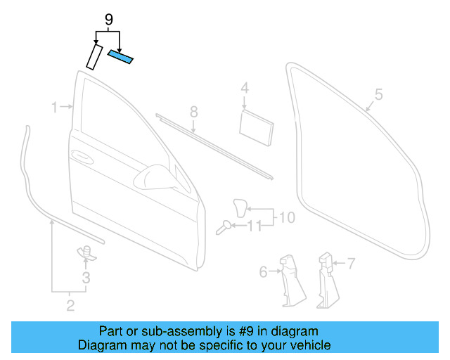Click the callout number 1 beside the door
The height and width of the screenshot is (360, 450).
[54, 107]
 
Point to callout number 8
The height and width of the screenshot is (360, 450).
[193, 112]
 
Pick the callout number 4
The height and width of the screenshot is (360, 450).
[245, 89]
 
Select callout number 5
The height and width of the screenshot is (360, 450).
[378, 94]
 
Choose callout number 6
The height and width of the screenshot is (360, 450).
[264, 271]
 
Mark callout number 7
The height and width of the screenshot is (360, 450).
[351, 264]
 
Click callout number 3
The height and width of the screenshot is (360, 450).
[86, 278]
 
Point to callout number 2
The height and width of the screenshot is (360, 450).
[70, 304]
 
